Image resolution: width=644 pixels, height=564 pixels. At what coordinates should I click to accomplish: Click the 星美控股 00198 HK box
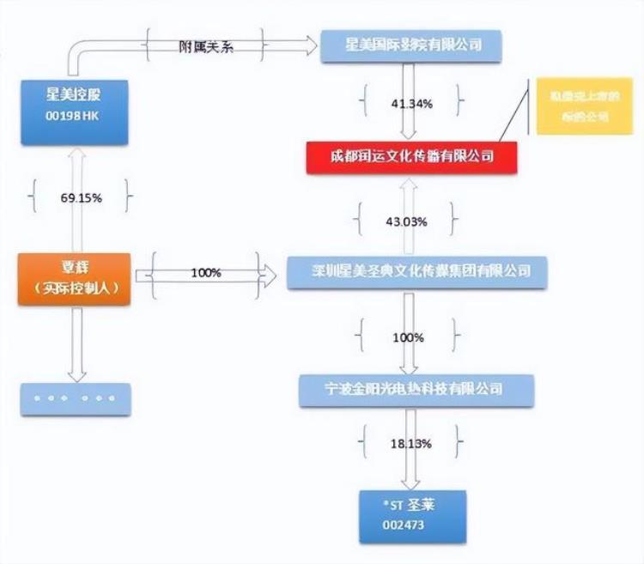click(x=76, y=109)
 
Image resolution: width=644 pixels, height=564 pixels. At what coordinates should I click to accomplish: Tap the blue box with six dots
click(x=76, y=399)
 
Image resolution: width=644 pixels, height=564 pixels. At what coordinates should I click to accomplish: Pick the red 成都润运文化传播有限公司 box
click(x=412, y=156)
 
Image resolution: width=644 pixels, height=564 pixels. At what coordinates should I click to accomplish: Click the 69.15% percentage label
click(x=81, y=197)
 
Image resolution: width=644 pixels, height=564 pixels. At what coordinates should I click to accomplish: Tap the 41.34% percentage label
click(x=412, y=103)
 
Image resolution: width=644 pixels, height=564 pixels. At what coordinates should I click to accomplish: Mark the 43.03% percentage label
click(x=406, y=221)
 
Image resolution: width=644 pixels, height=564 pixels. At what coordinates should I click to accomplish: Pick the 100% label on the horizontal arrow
click(x=206, y=273)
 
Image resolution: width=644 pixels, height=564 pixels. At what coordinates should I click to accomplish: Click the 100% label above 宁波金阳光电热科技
click(x=408, y=337)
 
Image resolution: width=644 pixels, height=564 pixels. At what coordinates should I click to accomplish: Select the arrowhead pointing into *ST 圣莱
click(x=413, y=482)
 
